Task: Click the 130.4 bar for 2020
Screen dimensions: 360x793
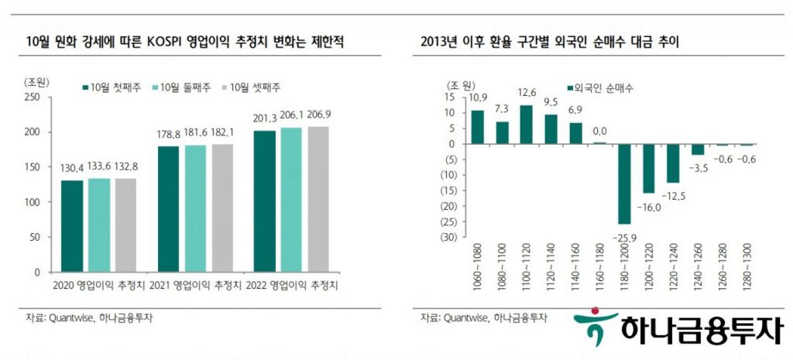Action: click(x=72, y=226)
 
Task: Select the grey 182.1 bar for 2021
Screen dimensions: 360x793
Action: click(x=221, y=207)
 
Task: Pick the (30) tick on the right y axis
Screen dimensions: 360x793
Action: click(x=447, y=237)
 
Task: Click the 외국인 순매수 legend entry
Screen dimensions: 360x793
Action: click(x=599, y=88)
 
